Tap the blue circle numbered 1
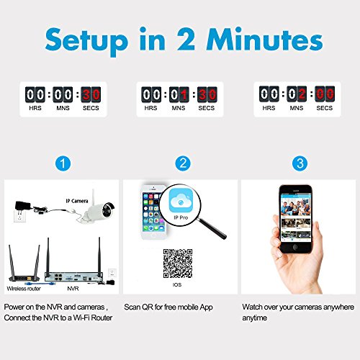point(63,163)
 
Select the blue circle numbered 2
point(183,163)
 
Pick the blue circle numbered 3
point(300,163)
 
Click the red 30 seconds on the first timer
point(91,94)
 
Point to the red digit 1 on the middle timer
point(184,94)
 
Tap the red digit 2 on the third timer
point(302,94)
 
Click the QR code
point(178,264)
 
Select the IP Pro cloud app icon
point(181,200)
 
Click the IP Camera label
point(77,201)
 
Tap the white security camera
point(99,207)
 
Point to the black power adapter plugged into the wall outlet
point(23,206)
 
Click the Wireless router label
point(24,289)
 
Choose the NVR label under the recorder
point(73,289)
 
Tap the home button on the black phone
point(296,247)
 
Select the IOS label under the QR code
point(177,284)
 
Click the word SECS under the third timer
point(325,108)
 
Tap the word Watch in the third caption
point(252,307)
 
